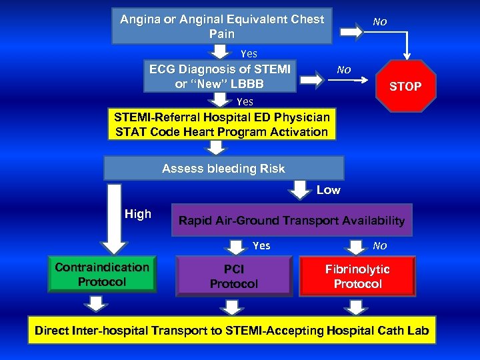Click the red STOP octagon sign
(405, 86)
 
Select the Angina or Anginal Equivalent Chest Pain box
(222, 26)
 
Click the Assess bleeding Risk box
(223, 169)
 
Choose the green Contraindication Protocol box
(102, 275)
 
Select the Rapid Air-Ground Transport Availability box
(291, 221)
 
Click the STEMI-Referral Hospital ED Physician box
(222, 125)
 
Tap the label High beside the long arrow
(138, 214)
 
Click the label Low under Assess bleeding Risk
(328, 191)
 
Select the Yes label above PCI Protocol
(261, 245)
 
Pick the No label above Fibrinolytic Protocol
(379, 245)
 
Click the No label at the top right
(379, 21)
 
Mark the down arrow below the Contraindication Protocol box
(97, 304)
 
